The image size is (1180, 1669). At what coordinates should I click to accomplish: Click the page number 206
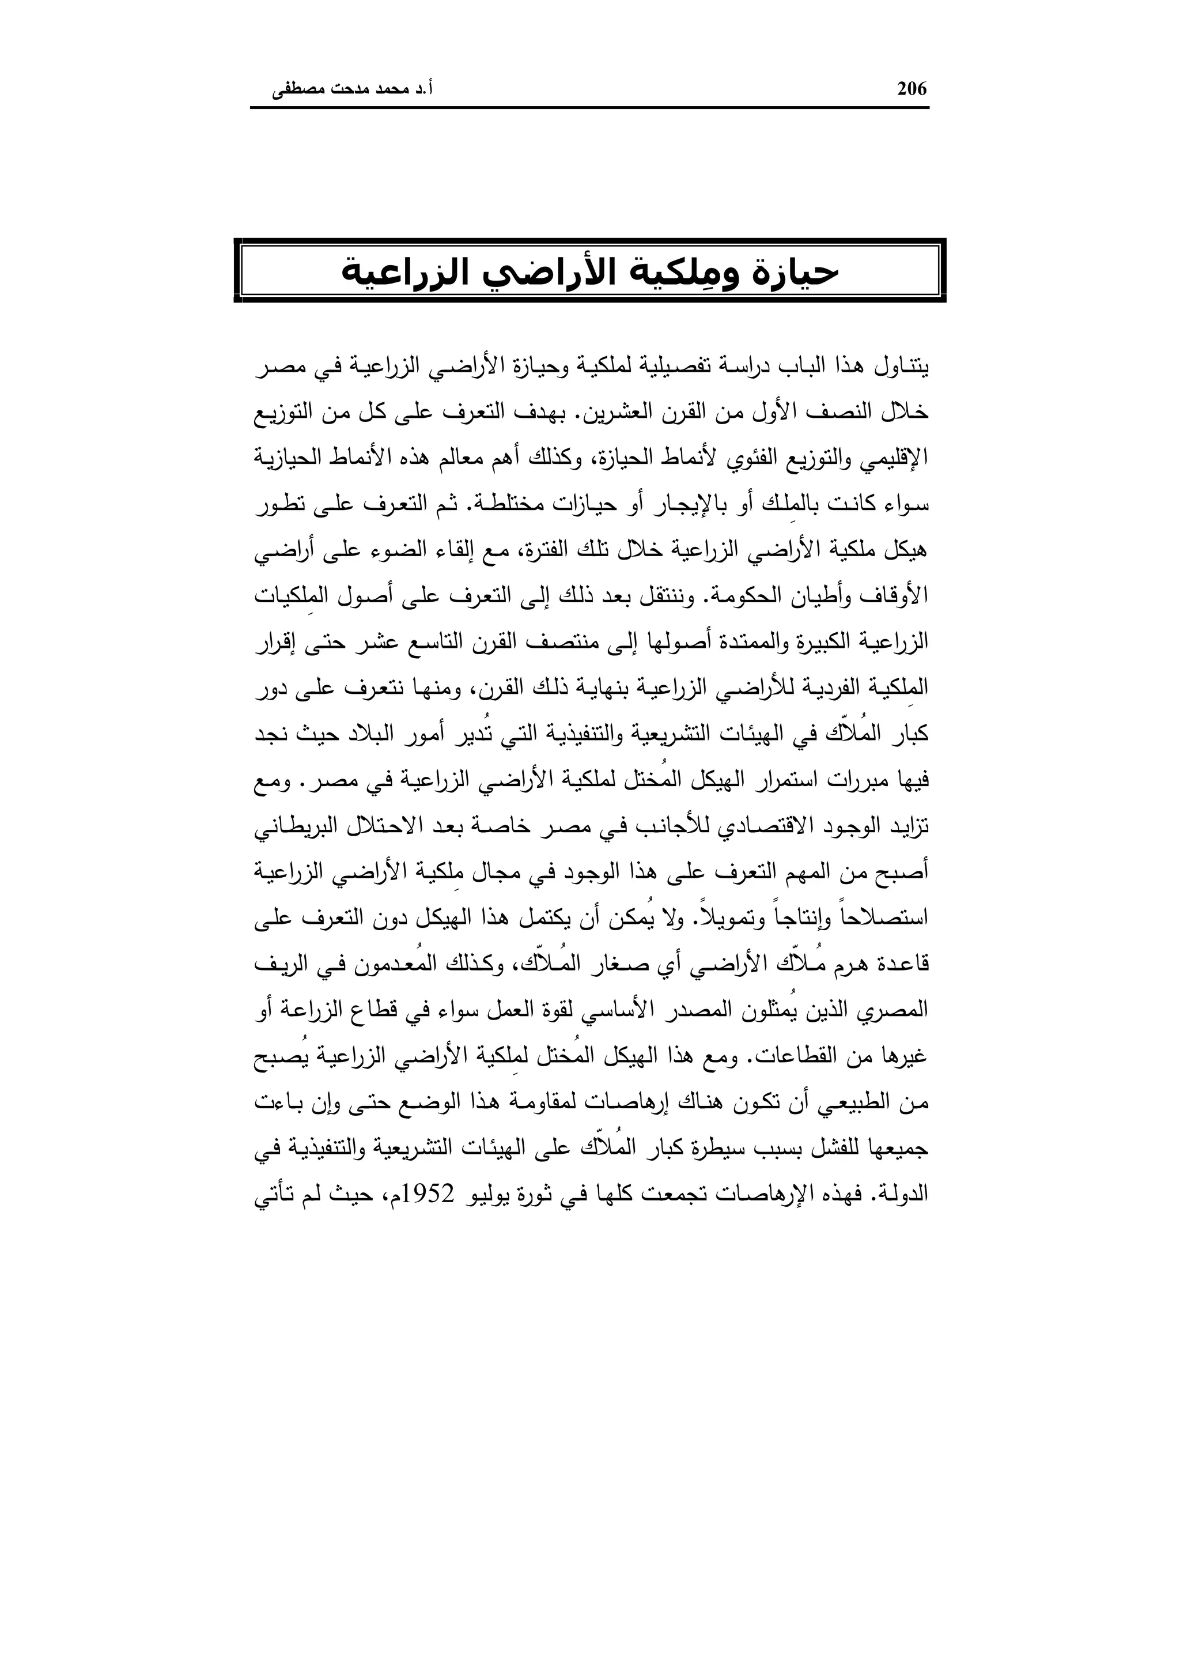pyautogui.click(x=912, y=89)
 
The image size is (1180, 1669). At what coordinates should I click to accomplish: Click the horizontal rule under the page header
pyautogui.click(x=589, y=108)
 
